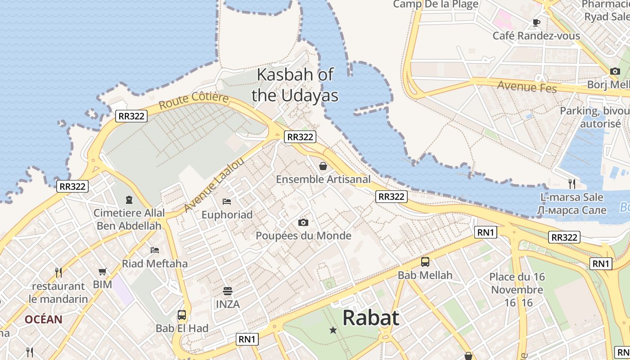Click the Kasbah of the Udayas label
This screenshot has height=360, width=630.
[x=295, y=85]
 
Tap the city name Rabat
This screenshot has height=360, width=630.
[x=370, y=318]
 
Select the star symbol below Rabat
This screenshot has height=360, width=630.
[x=333, y=330]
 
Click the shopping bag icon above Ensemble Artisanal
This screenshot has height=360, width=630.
[x=323, y=166]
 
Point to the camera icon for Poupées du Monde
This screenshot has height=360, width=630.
[x=303, y=222]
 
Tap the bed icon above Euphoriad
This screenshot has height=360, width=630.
[x=227, y=201]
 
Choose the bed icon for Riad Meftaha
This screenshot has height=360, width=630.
[x=155, y=250]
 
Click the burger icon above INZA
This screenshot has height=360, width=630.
[x=228, y=291]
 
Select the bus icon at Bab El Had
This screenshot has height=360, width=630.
[x=182, y=315]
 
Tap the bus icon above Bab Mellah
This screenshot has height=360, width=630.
[x=425, y=261]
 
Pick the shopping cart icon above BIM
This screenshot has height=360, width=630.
[x=103, y=271]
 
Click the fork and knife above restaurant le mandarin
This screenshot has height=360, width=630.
[x=58, y=272]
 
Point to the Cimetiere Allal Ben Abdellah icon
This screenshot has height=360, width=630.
[x=129, y=199]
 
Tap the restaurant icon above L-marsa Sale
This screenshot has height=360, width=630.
[x=571, y=184]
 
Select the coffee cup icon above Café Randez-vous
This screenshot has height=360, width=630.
[x=536, y=22]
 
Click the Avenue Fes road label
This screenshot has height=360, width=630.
[x=527, y=86]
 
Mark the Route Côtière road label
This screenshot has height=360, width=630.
[x=193, y=101]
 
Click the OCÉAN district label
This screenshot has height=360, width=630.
[x=44, y=319]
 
